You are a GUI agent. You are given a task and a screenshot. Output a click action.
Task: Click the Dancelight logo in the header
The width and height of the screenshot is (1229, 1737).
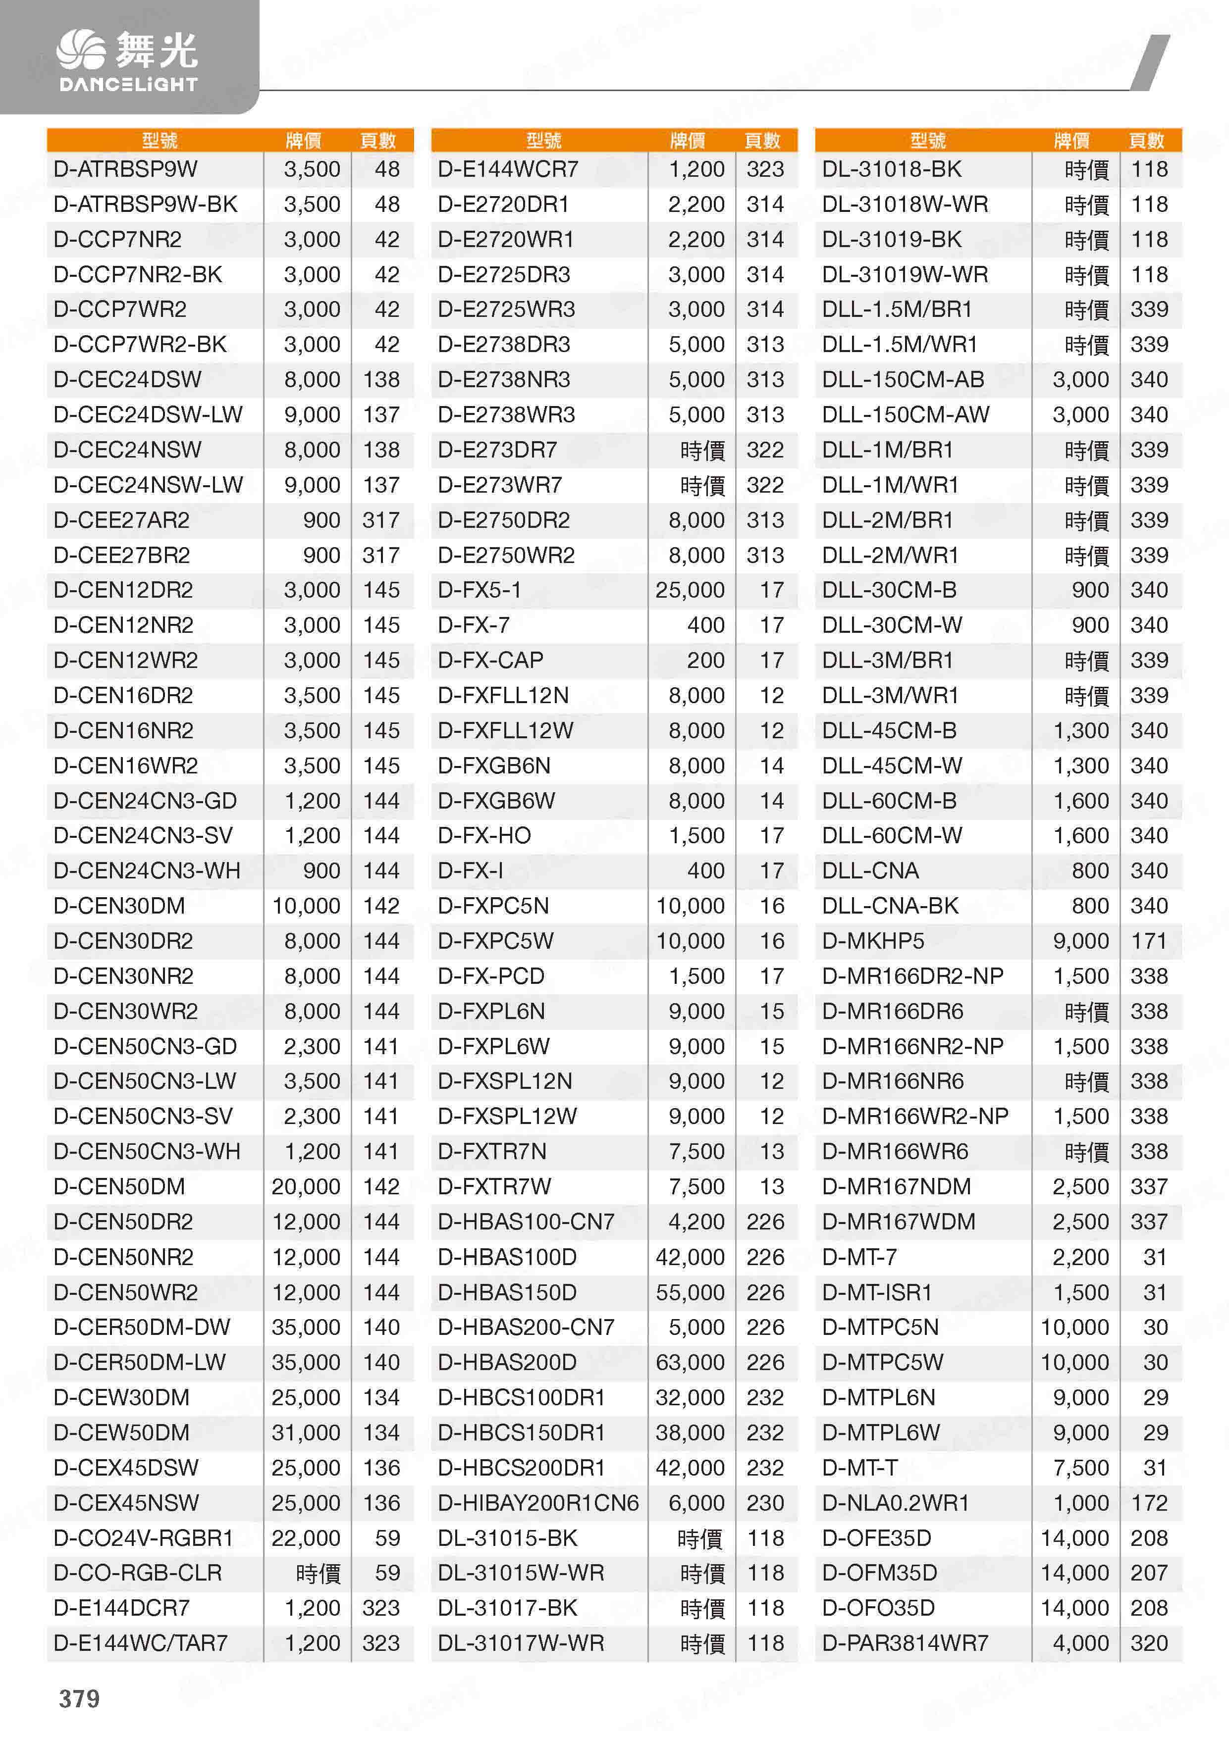tap(127, 60)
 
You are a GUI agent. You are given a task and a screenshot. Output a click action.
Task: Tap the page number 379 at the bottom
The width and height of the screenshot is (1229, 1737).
tap(79, 1698)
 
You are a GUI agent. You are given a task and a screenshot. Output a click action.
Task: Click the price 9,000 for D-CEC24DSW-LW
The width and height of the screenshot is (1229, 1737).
tap(312, 414)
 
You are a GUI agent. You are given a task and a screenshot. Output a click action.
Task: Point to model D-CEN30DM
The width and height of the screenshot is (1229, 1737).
tap(119, 906)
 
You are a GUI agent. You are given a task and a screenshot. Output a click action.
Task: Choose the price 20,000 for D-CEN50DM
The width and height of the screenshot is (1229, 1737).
tap(306, 1186)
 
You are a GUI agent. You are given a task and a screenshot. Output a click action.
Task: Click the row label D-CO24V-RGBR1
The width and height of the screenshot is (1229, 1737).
tap(143, 1537)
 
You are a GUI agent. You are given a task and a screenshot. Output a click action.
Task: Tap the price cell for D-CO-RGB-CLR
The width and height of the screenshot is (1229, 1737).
tap(318, 1573)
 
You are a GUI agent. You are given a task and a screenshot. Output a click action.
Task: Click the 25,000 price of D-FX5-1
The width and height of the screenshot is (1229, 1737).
tap(690, 590)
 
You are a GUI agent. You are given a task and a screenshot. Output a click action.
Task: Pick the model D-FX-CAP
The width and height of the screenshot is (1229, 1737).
tap(490, 661)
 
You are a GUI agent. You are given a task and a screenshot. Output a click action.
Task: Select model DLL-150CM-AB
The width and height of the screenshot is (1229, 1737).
tap(903, 380)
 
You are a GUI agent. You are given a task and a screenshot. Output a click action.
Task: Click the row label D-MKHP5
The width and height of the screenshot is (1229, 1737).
tap(872, 941)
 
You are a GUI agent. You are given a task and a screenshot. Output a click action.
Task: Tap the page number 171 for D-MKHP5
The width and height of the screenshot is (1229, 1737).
tap(1149, 941)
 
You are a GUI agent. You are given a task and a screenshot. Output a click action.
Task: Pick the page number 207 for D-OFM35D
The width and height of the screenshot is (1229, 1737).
tap(1149, 1573)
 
